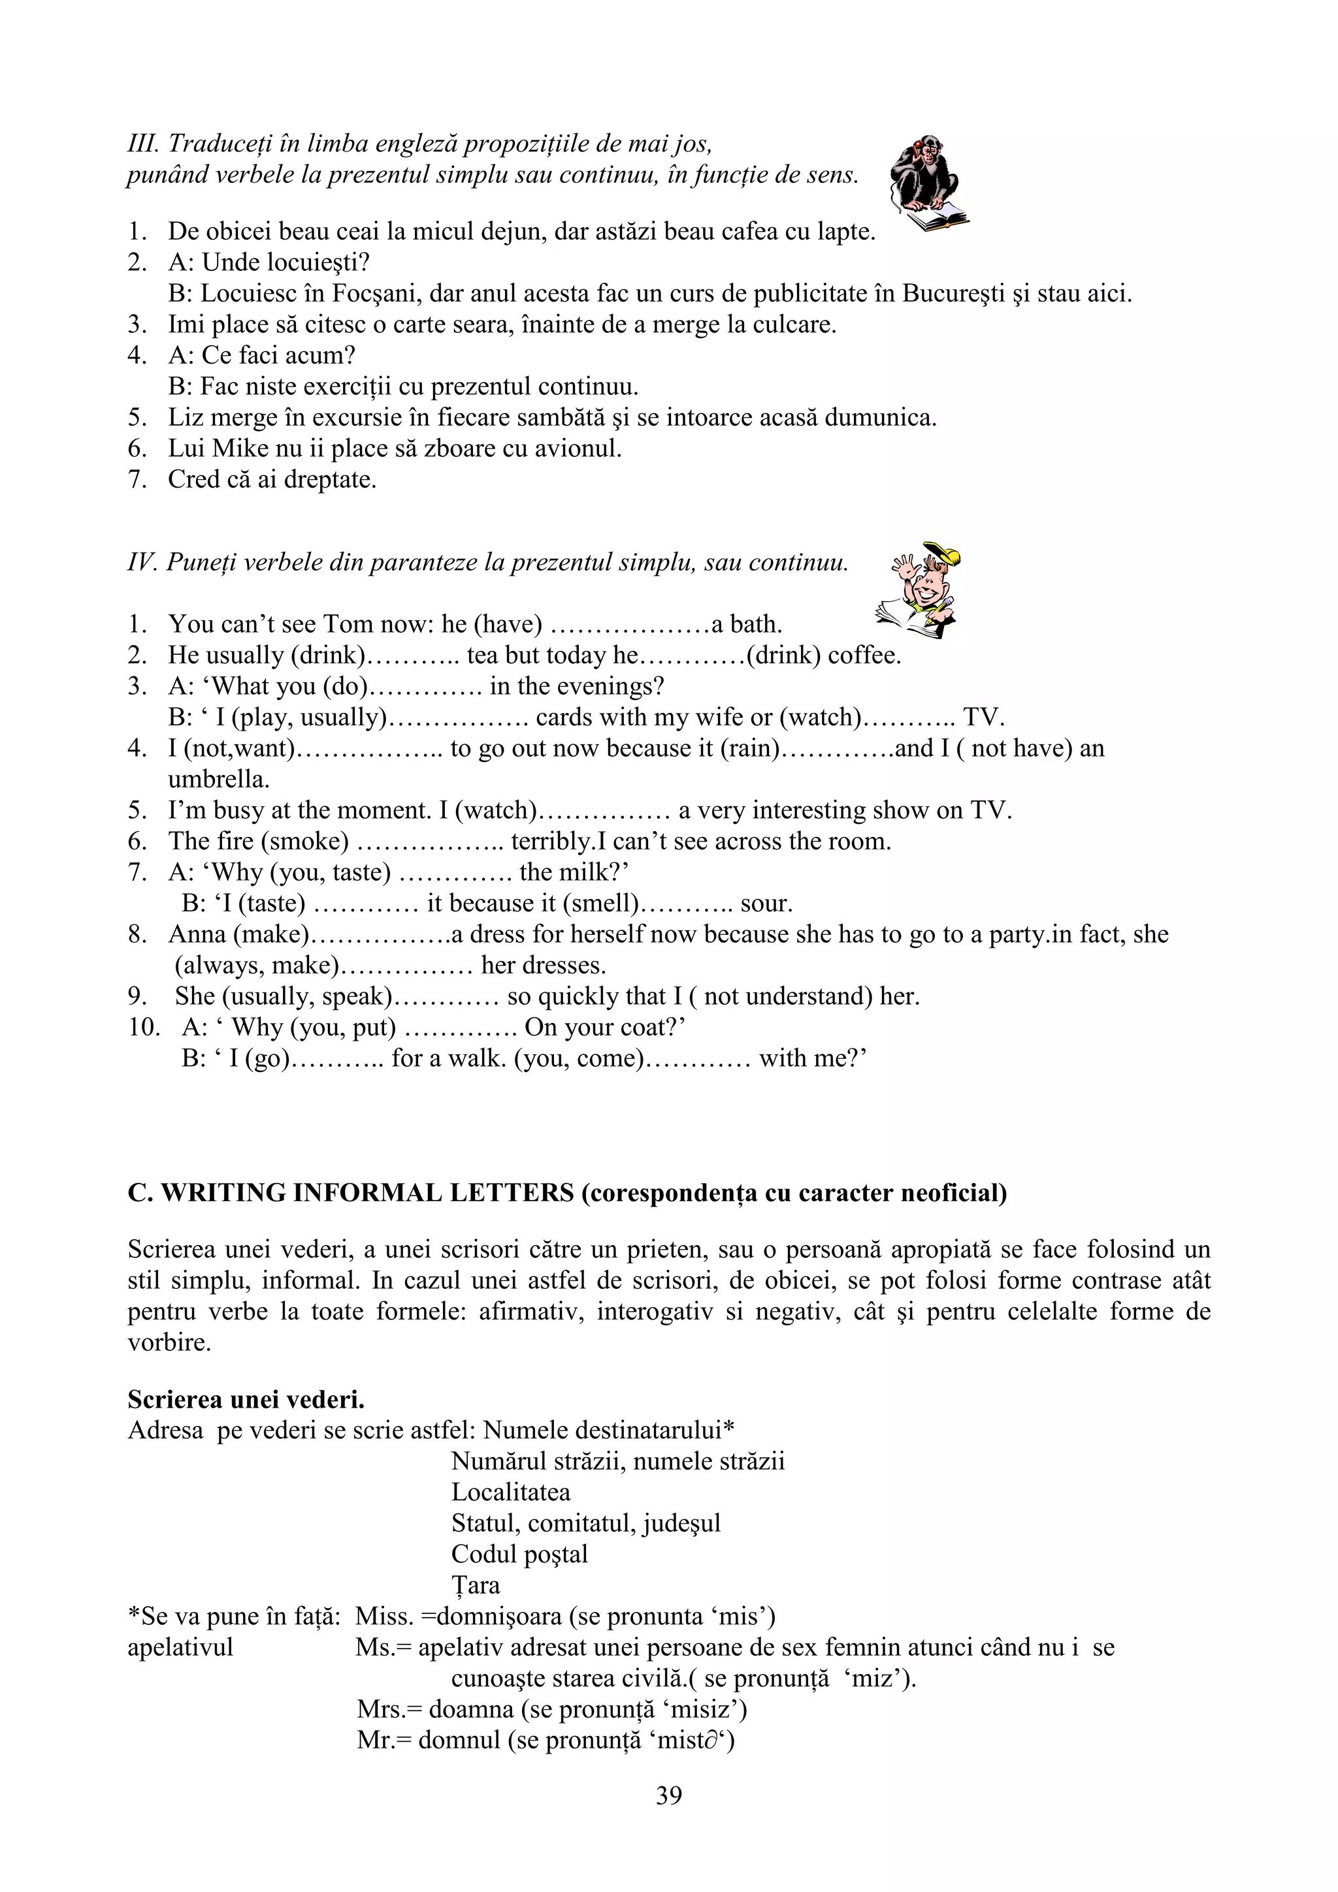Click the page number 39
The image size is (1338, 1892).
point(668,1795)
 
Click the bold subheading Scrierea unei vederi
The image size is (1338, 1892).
point(246,1399)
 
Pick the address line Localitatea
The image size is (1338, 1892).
point(510,1492)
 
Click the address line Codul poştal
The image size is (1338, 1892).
point(519,1554)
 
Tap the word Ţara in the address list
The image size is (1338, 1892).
point(475,1585)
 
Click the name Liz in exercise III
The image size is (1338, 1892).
point(186,417)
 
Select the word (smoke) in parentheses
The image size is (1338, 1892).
point(304,842)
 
